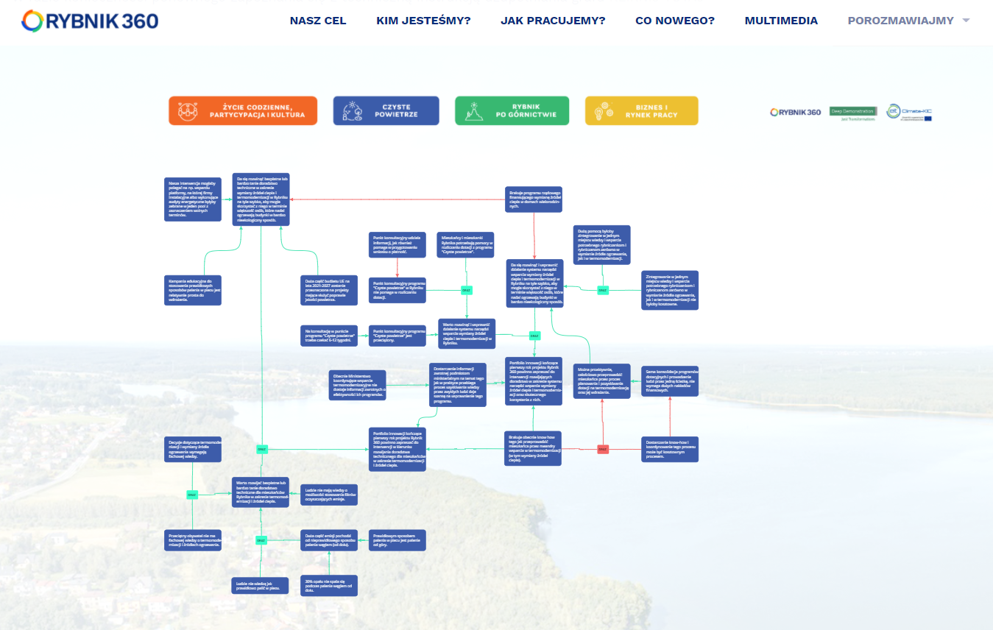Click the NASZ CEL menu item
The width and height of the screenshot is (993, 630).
pos(318,21)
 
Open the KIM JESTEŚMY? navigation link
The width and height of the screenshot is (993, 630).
pos(423,21)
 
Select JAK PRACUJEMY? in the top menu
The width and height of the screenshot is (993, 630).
pos(553,21)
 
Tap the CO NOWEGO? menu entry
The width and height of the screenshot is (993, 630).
pos(675,21)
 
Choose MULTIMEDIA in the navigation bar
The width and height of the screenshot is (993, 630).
pos(781,21)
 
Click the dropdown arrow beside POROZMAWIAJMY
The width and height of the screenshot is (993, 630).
pos(966,21)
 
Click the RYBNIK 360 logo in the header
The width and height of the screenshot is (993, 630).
pos(90,21)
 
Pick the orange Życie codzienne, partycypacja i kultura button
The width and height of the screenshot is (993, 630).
pos(243,110)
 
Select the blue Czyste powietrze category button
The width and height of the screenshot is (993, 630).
pos(386,110)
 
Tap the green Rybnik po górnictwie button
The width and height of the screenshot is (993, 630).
pos(512,110)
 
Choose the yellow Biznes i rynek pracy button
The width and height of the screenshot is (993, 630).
pos(641,110)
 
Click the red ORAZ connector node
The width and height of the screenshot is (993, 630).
pos(603,449)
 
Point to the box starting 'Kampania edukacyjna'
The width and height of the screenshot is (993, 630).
pos(193,289)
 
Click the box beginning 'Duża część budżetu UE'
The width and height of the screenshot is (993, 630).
pos(329,290)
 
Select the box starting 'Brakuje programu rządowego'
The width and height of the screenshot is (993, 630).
pos(534,199)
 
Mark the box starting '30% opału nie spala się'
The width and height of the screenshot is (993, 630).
pos(329,586)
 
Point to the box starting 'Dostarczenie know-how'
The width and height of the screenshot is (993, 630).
pos(670,449)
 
